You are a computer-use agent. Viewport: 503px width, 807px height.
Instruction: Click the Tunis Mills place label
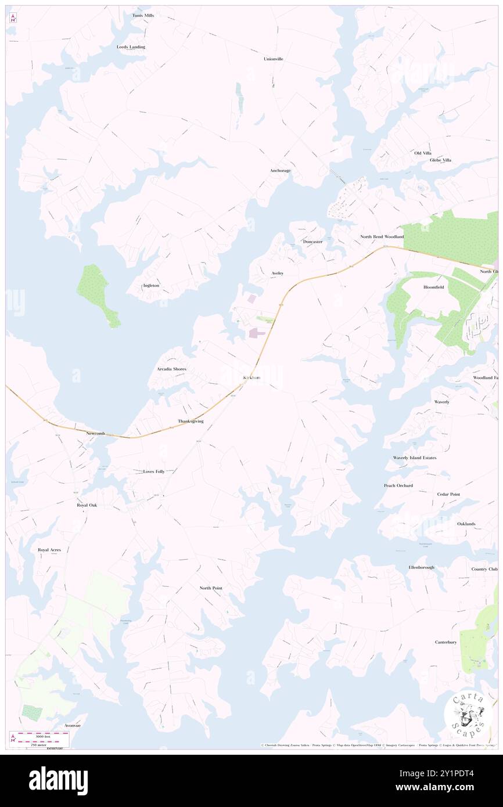tap(143, 15)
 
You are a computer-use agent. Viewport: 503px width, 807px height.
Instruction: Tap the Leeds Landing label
tap(131, 46)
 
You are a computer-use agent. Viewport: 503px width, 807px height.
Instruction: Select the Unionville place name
tap(273, 59)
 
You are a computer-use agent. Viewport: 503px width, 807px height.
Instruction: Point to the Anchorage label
tap(280, 171)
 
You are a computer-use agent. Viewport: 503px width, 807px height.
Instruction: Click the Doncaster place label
tap(312, 242)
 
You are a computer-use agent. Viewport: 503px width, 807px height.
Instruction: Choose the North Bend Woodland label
tap(382, 237)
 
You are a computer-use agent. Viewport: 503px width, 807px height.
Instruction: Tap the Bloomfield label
tap(433, 287)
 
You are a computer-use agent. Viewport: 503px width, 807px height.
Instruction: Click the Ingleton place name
tap(151, 286)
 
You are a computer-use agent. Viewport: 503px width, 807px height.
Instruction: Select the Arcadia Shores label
tap(171, 369)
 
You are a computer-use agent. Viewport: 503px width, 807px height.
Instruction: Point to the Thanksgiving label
tap(191, 421)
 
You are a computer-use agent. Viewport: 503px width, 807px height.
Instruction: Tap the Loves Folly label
tap(154, 471)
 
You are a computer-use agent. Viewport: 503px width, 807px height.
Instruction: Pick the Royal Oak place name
tap(87, 505)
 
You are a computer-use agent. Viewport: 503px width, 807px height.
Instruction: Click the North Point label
tap(211, 588)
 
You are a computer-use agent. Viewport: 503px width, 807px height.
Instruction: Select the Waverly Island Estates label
tap(414, 458)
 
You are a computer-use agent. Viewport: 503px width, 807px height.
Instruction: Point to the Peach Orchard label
tap(398, 485)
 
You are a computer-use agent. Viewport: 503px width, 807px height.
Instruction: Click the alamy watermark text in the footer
tap(58, 781)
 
